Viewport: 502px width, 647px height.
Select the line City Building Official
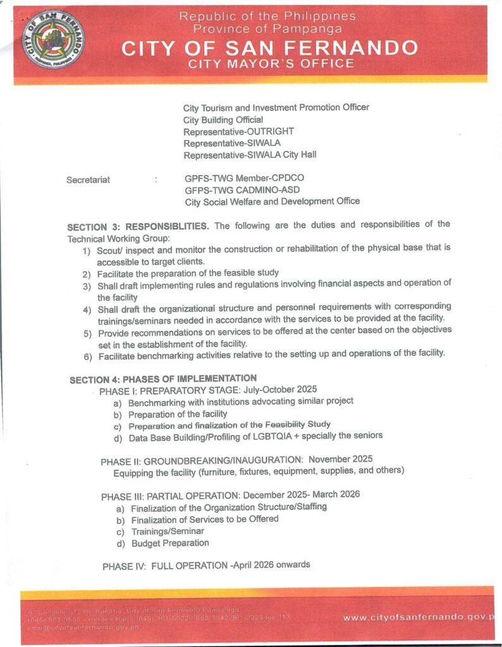point(223,119)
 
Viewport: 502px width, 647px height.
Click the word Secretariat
point(88,180)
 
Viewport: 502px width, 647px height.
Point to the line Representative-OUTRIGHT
point(230,131)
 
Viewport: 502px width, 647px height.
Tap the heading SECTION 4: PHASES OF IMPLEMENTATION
point(162,378)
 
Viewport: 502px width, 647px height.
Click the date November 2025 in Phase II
point(340,459)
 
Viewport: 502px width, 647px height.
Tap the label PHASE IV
point(124,566)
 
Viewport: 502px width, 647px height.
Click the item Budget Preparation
point(170,543)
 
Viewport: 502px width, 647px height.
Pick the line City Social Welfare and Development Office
point(272,202)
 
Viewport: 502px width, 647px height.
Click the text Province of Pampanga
point(267,28)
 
